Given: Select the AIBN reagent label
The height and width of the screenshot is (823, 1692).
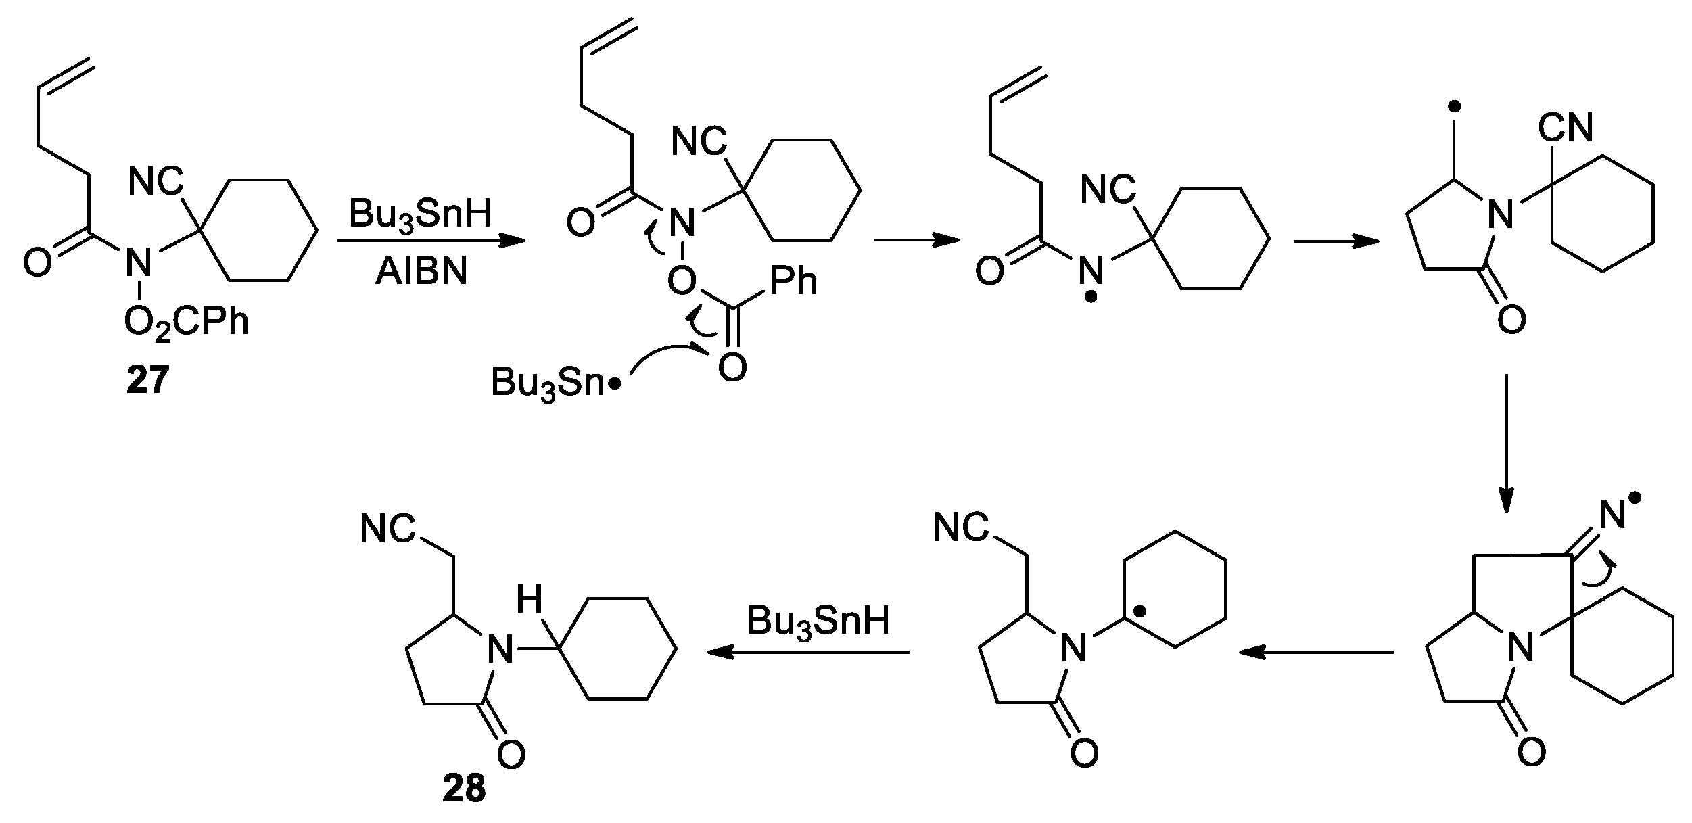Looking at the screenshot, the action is click(421, 273).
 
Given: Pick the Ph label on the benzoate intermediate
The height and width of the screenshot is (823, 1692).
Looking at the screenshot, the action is click(794, 281).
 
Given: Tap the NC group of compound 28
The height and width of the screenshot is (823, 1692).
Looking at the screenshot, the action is click(387, 527).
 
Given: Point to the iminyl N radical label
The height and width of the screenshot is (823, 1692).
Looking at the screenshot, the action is click(1615, 516).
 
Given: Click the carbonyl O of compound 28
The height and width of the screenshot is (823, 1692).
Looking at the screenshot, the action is click(511, 754).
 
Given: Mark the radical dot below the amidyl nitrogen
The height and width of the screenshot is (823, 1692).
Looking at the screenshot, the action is click(1090, 298).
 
